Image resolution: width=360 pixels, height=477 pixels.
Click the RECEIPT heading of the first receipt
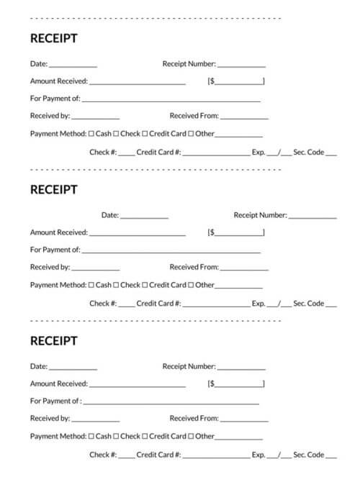pos(53,38)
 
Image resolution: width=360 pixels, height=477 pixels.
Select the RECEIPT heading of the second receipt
pos(53,190)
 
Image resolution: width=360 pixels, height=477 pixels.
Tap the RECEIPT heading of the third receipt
pos(53,340)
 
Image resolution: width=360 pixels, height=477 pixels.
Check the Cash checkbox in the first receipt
pos(91,134)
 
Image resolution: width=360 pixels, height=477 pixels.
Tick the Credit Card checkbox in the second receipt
pos(145,285)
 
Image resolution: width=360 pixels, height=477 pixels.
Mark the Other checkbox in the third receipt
pos(192,436)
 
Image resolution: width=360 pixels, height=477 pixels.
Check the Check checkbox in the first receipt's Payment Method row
pos(117,134)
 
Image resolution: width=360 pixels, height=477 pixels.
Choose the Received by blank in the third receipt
pos(96,419)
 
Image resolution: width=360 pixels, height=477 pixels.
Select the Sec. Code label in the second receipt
pos(309,304)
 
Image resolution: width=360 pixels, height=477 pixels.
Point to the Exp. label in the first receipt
pos(258,153)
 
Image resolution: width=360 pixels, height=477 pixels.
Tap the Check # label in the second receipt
pos(103,304)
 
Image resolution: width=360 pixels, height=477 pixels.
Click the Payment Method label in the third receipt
pos(58,436)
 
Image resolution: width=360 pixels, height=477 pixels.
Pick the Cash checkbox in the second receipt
pos(91,285)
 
